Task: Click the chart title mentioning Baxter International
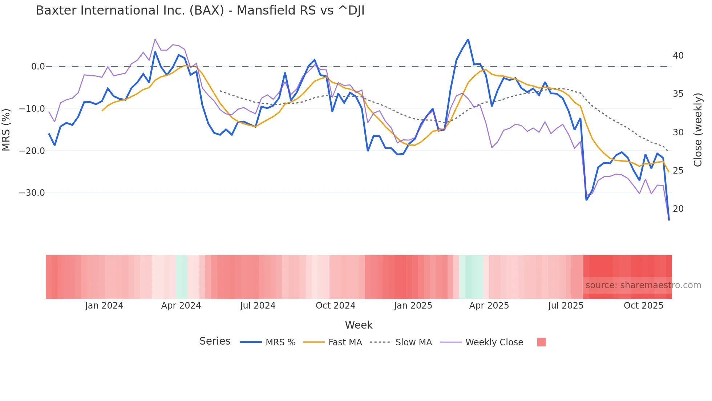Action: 200,11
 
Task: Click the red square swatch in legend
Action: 541,342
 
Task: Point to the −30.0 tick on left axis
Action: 32,193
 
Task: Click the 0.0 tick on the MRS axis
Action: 38,67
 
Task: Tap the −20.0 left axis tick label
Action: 32,151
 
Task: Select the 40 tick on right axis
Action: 678,56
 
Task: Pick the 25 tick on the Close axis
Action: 678,171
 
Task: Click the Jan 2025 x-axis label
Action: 413,306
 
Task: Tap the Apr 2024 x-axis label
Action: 181,306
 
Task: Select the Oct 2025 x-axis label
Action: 643,306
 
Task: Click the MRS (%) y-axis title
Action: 6,130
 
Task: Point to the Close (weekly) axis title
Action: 697,130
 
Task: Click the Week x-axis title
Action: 359,325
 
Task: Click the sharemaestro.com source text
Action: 643,285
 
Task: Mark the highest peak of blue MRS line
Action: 468,39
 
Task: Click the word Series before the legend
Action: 215,341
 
